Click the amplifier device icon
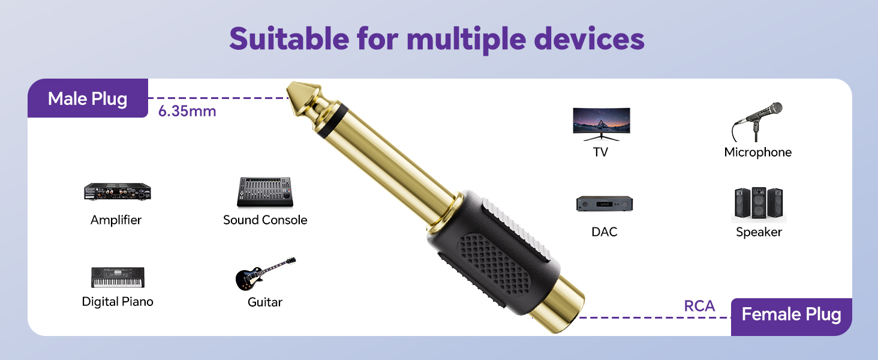coord(117,192)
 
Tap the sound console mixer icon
coord(264,192)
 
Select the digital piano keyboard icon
coord(118,277)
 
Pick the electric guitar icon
coord(265,275)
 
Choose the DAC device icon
coord(605,204)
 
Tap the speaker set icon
coord(759,204)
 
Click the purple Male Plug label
coord(88,98)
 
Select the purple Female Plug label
coord(791,314)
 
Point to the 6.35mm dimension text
coord(187,111)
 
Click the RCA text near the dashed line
coord(699,306)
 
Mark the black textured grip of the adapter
coord(492,258)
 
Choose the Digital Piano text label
coord(118,302)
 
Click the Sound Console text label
coord(265,220)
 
